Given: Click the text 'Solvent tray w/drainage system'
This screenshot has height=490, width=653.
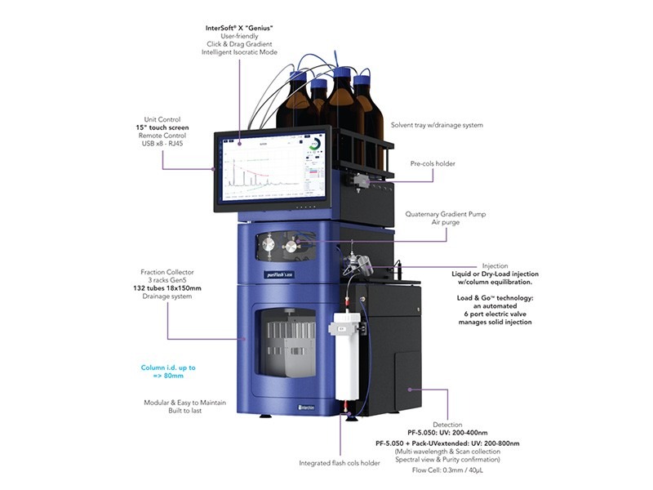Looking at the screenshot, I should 437,125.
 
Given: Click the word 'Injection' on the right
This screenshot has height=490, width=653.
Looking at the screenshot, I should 495,265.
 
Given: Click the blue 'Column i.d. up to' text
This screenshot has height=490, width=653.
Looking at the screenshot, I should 169,367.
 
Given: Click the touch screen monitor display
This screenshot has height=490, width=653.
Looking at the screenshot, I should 273,167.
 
